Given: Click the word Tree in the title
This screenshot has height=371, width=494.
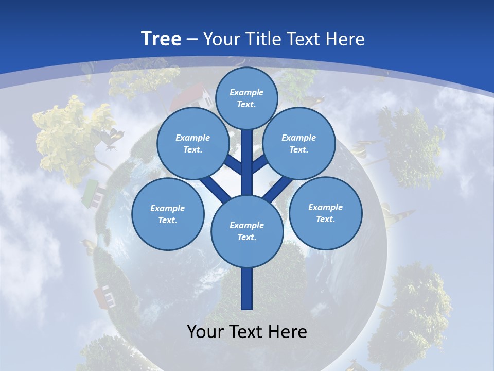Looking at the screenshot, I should pos(161,39).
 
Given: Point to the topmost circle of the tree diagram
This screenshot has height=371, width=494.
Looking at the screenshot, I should pos(246,98).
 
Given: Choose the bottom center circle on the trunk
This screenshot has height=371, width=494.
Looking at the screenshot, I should pos(247,231).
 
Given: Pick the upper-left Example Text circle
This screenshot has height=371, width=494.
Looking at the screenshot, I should pos(192,143).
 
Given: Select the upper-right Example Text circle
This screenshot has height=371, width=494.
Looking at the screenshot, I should pos(299,143).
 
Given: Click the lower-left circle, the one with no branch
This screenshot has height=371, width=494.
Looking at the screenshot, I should pos(168,214).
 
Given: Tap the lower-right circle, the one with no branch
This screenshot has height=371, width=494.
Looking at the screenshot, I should pos(325,212).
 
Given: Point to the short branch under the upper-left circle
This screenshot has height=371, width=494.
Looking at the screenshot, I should pos(233,166).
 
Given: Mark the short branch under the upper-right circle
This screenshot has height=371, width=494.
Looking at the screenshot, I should pos(260,165).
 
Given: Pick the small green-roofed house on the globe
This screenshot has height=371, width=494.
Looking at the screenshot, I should pos(92,192).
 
